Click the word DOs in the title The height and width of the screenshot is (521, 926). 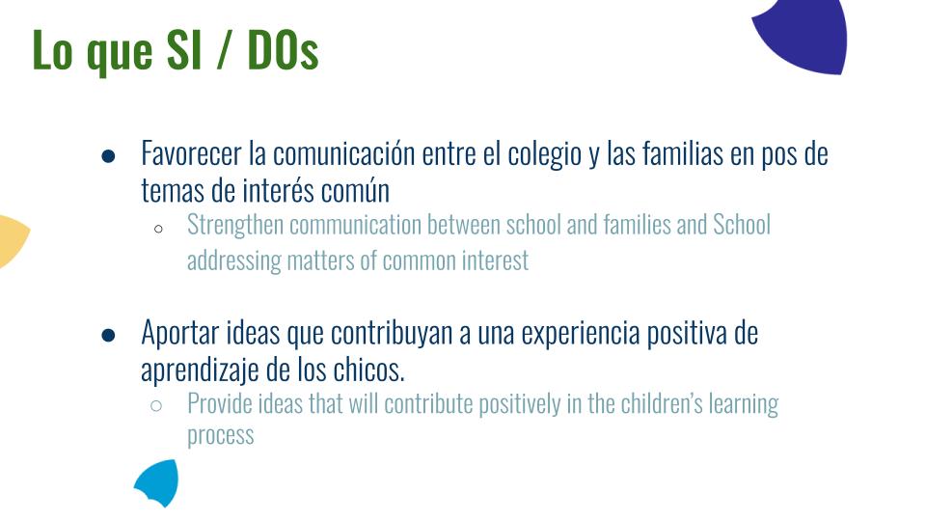pos(283,50)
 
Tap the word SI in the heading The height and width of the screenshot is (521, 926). pos(184,50)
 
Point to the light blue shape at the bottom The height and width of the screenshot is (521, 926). pos(157,482)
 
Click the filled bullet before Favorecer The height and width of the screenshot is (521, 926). pos(108,156)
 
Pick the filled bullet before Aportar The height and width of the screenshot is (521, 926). pos(108,336)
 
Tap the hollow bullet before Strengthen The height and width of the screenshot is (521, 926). pos(158,229)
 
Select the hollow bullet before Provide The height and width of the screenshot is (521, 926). pos(156,406)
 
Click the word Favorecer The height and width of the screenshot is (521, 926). pos(191,154)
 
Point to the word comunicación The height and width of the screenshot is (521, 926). pos(343,154)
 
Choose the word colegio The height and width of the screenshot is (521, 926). pos(544,155)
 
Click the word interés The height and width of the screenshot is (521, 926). pos(278,191)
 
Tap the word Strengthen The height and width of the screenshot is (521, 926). pos(235,226)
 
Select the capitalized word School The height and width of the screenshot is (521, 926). pos(742,225)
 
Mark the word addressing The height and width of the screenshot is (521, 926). pos(234,261)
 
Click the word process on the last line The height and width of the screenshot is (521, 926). pos(220,436)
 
